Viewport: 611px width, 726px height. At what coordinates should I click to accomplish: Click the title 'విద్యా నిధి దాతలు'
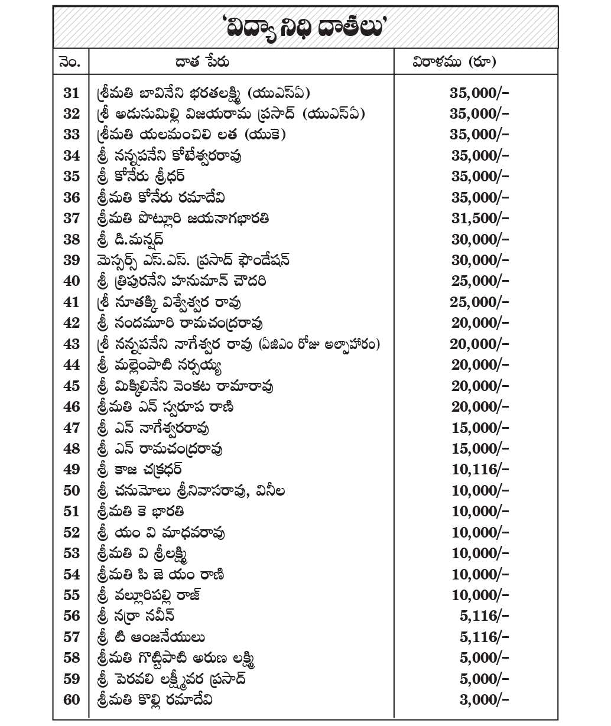[x=305, y=28]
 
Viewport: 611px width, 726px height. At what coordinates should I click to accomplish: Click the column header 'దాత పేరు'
[x=202, y=61]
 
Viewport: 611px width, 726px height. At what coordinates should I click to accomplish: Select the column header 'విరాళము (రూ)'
[x=453, y=61]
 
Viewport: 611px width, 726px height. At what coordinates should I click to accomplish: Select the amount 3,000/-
[x=484, y=700]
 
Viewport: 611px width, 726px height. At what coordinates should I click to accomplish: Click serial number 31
[x=71, y=93]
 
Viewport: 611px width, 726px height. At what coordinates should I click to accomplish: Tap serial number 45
[x=71, y=386]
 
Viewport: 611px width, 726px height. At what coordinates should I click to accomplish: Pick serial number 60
[x=71, y=700]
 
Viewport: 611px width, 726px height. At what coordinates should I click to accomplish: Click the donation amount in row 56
[x=484, y=616]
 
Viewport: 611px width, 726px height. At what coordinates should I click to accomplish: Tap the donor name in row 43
[x=238, y=344]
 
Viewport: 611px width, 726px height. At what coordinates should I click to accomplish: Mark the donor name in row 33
[x=190, y=135]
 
